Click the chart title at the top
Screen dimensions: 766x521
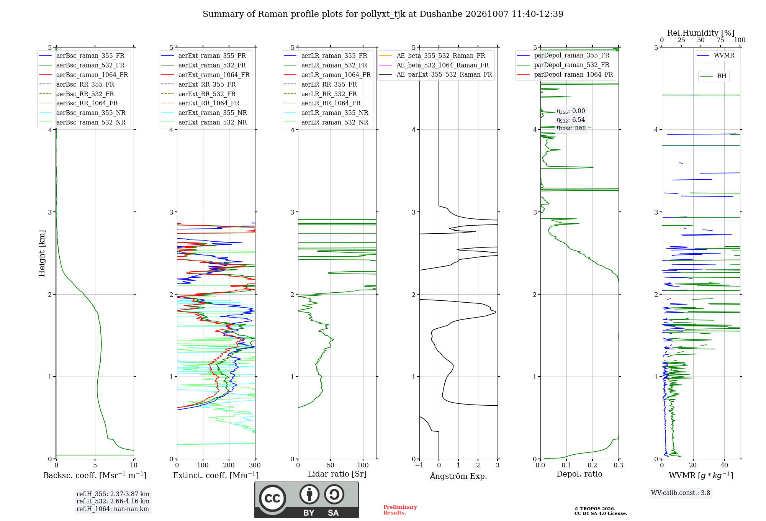pyautogui.click(x=383, y=14)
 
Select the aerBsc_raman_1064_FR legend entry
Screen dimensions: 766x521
pyautogui.click(x=83, y=75)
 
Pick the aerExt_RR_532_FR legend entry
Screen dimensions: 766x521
pyautogui.click(x=198, y=94)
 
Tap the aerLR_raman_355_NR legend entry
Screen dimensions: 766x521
pyautogui.click(x=326, y=113)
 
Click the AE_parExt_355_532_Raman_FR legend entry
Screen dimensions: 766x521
pyautogui.click(x=435, y=74)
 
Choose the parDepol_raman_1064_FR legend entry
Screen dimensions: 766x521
pyautogui.click(x=565, y=74)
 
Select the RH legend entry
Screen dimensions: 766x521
pyautogui.click(x=713, y=76)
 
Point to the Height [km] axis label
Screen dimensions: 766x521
pyautogui.click(x=42, y=253)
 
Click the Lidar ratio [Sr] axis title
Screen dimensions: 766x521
pyautogui.click(x=337, y=474)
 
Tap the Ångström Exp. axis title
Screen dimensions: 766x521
pyautogui.click(x=458, y=476)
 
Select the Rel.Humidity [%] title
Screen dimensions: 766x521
pyautogui.click(x=701, y=33)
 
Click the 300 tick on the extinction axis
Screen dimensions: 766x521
pyautogui.click(x=255, y=465)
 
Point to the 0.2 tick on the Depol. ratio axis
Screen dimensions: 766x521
pyautogui.click(x=593, y=465)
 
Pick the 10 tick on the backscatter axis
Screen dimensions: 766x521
pyautogui.click(x=134, y=465)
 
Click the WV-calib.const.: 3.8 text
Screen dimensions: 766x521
pyautogui.click(x=681, y=493)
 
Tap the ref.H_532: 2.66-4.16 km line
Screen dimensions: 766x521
pyautogui.click(x=113, y=501)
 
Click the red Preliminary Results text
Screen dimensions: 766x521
pyautogui.click(x=400, y=510)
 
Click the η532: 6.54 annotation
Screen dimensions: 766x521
pyautogui.click(x=571, y=120)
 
